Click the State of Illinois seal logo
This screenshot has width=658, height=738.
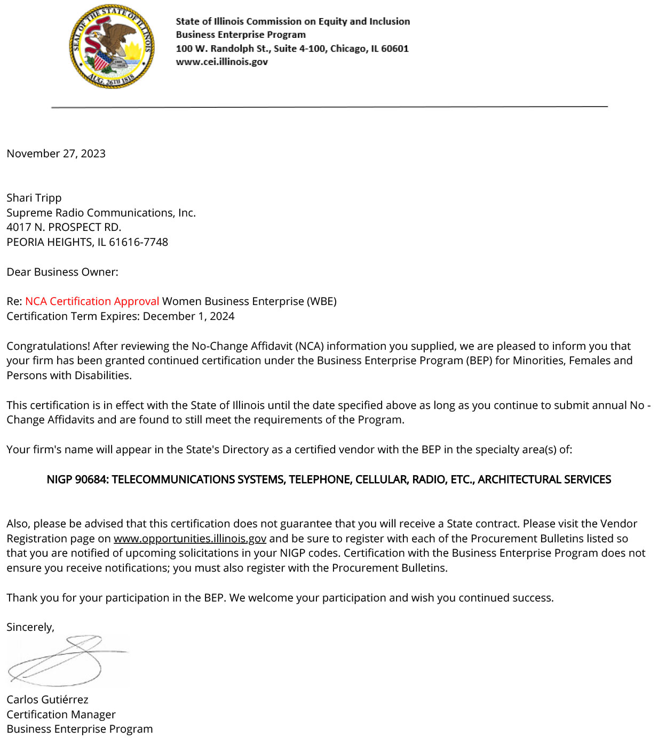tap(112, 46)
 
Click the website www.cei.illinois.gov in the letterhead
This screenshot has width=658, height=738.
tap(221, 62)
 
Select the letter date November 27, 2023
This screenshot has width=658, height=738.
tap(56, 154)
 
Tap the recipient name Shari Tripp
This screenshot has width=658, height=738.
tap(34, 198)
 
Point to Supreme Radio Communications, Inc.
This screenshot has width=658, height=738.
tap(101, 213)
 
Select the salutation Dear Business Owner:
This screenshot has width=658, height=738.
tap(62, 272)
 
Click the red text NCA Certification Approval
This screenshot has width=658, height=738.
tap(92, 301)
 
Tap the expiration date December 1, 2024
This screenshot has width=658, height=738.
tap(188, 316)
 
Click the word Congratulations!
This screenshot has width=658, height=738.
tap(48, 346)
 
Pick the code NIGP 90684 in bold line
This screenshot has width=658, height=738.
tap(77, 479)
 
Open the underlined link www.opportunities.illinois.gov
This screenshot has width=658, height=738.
tap(189, 539)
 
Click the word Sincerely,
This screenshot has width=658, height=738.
tap(30, 627)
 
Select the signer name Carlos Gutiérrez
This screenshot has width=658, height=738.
tap(47, 700)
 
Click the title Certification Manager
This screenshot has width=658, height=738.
tap(61, 715)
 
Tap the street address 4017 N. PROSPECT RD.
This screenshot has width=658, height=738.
tap(64, 227)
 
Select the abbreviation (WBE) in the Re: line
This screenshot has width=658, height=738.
tap(321, 301)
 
